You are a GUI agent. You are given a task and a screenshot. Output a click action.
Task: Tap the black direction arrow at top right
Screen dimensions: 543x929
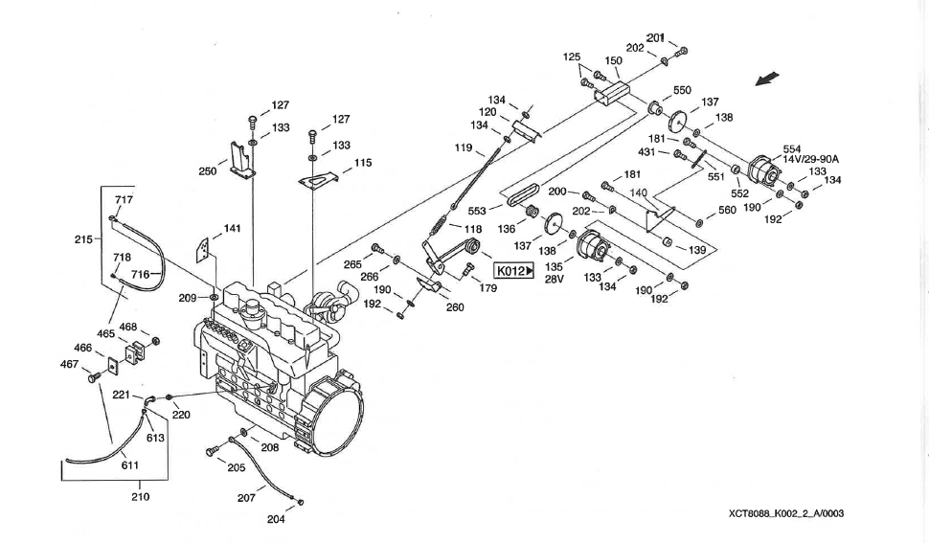tap(768, 79)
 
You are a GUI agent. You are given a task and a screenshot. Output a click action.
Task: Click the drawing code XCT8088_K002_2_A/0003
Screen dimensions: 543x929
tap(785, 513)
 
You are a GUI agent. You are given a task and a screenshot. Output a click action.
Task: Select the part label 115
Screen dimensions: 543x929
tap(363, 163)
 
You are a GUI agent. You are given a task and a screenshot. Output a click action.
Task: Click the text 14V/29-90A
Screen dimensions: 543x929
tap(810, 159)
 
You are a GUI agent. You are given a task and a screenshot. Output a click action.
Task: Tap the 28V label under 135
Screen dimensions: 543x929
tap(553, 280)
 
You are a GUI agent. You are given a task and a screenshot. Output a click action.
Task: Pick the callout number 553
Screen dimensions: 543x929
tap(478, 210)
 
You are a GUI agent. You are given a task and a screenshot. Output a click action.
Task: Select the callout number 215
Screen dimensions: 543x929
tap(82, 239)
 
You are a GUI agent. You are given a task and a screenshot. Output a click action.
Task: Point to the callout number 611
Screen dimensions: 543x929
tap(131, 464)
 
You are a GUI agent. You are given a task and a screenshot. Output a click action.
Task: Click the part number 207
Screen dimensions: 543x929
tap(246, 497)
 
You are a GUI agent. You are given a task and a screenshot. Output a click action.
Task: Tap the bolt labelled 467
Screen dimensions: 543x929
tap(94, 379)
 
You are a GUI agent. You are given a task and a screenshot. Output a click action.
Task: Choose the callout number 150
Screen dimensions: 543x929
tap(614, 60)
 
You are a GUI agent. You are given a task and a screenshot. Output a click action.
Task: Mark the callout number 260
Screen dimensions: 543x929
tap(455, 307)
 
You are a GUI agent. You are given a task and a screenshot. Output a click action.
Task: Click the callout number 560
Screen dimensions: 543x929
tap(727, 211)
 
